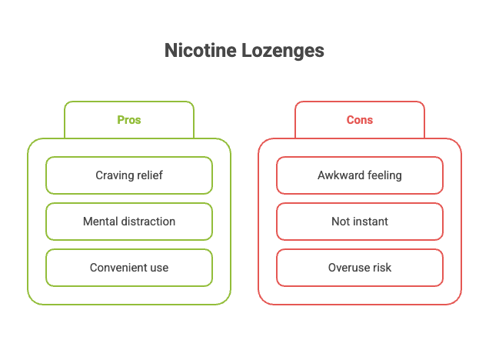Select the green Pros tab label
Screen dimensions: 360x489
click(129, 120)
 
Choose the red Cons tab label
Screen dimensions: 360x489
click(360, 120)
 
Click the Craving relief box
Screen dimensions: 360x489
click(129, 175)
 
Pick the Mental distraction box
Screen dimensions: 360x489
click(129, 222)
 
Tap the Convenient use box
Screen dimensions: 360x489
click(129, 268)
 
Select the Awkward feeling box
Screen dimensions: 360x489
click(360, 175)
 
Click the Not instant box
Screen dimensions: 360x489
click(360, 222)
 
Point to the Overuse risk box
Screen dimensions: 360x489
click(360, 268)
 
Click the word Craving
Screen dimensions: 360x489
click(114, 175)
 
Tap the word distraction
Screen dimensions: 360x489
click(148, 222)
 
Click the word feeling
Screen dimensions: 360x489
click(382, 175)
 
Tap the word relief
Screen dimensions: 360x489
click(150, 175)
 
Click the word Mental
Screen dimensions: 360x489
click(99, 222)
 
